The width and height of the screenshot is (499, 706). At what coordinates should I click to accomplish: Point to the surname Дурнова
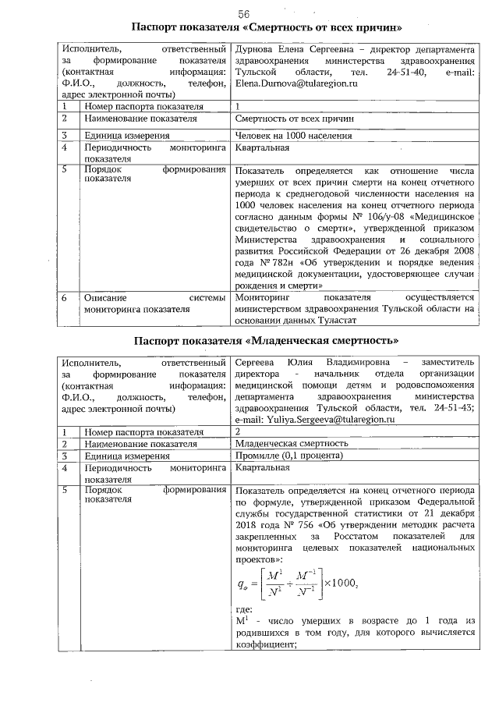coord(256,49)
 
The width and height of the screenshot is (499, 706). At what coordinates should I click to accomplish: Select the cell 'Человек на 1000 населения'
coord(292,135)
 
